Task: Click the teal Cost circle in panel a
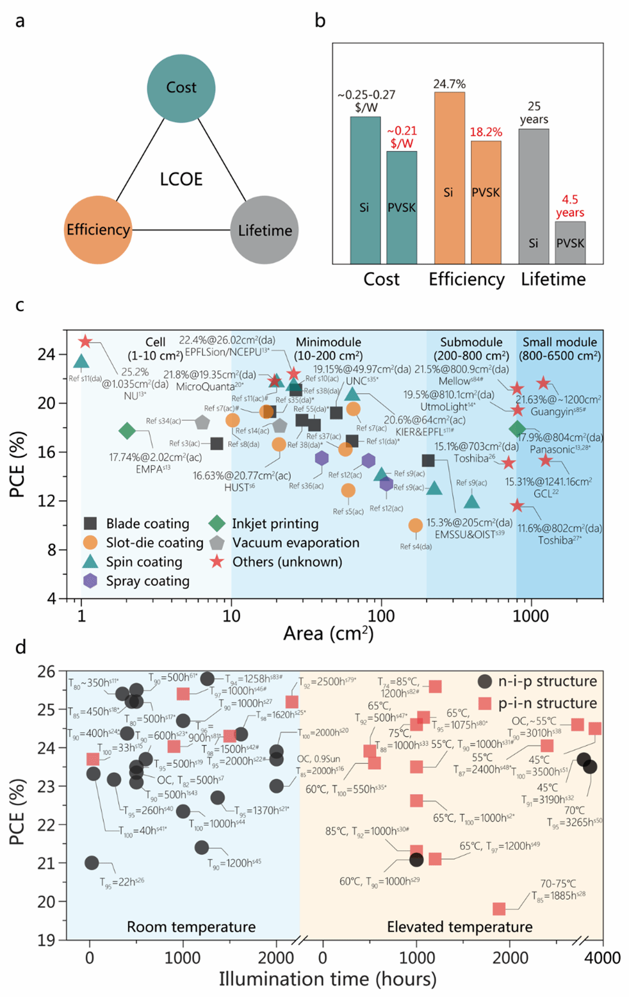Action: pos(181,87)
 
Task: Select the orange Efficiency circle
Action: pos(98,230)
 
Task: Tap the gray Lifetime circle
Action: pos(264,230)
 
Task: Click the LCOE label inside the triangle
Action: pos(181,179)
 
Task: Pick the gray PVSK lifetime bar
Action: pos(570,243)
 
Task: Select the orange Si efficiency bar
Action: pos(449,178)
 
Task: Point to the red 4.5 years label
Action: pos(569,206)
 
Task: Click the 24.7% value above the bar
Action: pos(449,84)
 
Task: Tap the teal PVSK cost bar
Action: pos(402,207)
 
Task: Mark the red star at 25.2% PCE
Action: pos(85,342)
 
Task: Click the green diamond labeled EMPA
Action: pos(127,431)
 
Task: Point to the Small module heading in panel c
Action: pos(559,342)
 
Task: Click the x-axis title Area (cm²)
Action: pos(329,634)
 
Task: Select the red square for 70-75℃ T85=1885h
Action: pos(499,909)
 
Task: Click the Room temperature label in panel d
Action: pos(191,927)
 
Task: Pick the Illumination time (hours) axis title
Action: pos(327,979)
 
